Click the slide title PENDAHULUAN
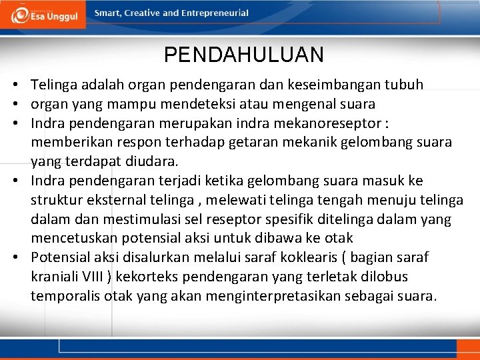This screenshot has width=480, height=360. (243, 55)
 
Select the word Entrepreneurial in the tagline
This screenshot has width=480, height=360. (217, 13)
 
